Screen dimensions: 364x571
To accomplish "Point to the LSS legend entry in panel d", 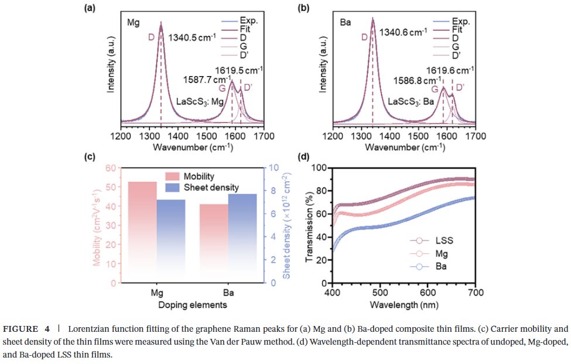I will click(x=444, y=241).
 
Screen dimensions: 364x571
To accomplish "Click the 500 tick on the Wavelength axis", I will click(x=380, y=293).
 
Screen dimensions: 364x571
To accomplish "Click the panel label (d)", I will click(x=303, y=157).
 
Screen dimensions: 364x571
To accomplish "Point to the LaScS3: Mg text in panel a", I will click(x=201, y=101).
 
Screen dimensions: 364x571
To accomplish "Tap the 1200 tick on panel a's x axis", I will click(x=121, y=136).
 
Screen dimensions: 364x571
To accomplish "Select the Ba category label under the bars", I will click(x=228, y=293).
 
